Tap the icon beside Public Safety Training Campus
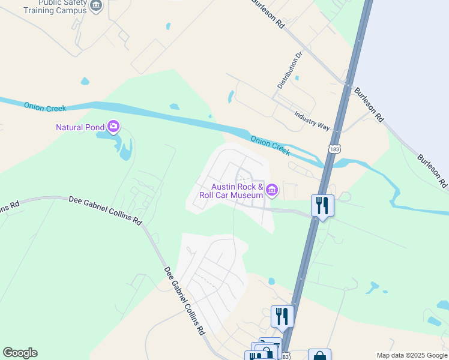click(96, 6)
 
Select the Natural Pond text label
click(80, 127)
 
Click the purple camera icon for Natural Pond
click(113, 127)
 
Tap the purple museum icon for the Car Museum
click(272, 190)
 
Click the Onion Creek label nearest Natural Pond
click(44, 106)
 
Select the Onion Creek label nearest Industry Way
click(270, 145)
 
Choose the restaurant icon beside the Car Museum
click(322, 206)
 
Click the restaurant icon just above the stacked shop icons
click(282, 316)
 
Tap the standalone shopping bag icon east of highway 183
click(319, 356)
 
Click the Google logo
click(20, 353)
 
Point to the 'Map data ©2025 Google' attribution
click(412, 355)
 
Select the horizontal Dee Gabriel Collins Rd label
click(105, 209)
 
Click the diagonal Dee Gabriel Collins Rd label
click(184, 300)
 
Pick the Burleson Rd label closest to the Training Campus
click(268, 14)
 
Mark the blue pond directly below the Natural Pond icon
click(125, 149)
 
